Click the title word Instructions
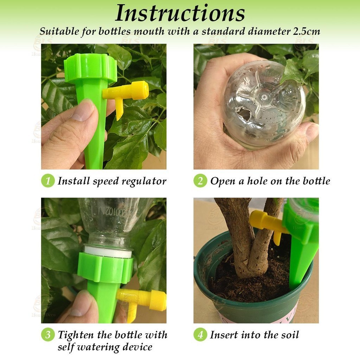click(180, 13)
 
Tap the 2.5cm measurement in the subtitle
click(307, 31)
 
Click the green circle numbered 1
click(48, 181)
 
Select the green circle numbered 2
click(200, 181)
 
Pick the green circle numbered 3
click(48, 335)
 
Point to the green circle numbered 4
click(200, 335)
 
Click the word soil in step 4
click(290, 335)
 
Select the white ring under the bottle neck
click(108, 251)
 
